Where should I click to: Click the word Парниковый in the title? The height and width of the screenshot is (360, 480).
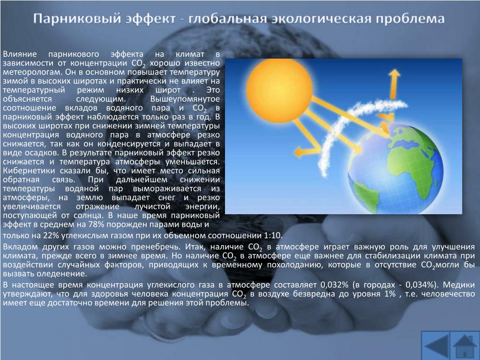76,19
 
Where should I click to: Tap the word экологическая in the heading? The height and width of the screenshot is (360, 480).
320,19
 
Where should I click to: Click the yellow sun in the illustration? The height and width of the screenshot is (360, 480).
279,90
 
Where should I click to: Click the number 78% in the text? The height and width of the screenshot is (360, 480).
96,225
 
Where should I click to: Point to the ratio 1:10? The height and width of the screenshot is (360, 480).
272,236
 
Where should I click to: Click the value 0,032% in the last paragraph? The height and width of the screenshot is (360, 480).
334,285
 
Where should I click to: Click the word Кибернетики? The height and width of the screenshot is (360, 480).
29,171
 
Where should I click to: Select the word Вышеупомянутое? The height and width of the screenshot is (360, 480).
185,99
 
